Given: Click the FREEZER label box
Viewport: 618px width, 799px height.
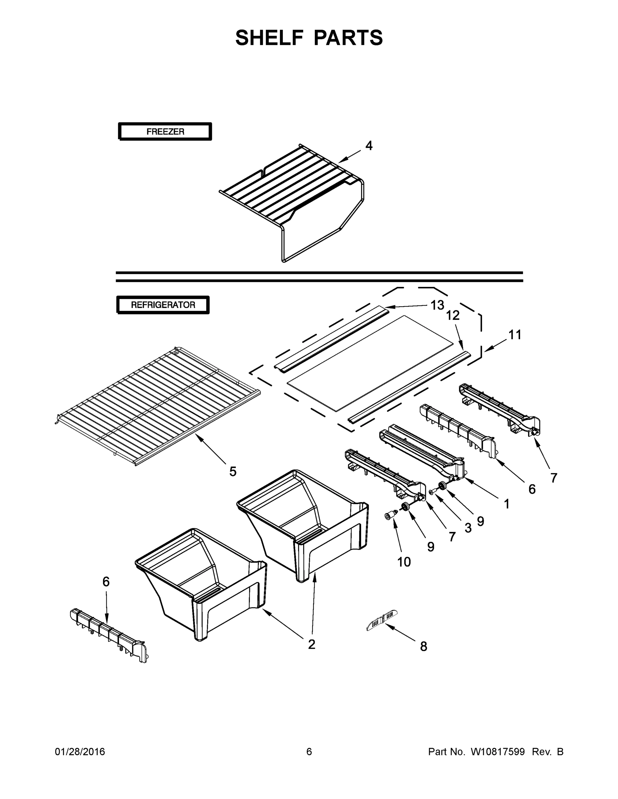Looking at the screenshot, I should pyautogui.click(x=165, y=132).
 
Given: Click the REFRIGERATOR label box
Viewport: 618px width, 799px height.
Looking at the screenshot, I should pyautogui.click(x=163, y=305).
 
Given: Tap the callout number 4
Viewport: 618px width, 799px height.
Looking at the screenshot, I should pyautogui.click(x=369, y=145).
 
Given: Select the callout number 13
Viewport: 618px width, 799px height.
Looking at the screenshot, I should pyautogui.click(x=437, y=305).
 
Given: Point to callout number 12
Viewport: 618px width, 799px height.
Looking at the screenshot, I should pyautogui.click(x=452, y=315).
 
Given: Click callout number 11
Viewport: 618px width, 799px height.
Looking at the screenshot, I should pyautogui.click(x=514, y=334).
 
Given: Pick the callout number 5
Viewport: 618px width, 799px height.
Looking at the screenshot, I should pyautogui.click(x=233, y=471).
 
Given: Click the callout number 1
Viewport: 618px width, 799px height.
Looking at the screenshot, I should pyautogui.click(x=506, y=504).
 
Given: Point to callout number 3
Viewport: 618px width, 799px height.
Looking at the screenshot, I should pyautogui.click(x=468, y=528).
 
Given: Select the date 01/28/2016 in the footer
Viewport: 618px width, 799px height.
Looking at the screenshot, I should pyautogui.click(x=80, y=752).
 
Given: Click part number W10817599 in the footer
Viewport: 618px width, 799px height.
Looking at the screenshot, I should pyautogui.click(x=497, y=752).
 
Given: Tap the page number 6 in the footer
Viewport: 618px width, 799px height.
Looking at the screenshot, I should pyautogui.click(x=309, y=752).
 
